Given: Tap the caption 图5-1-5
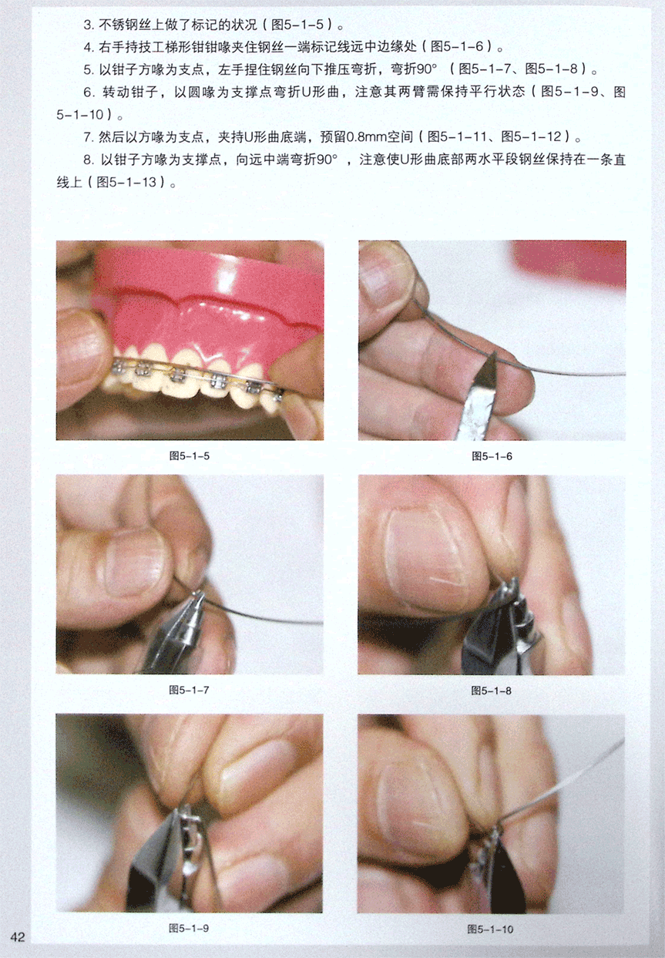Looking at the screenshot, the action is click(x=190, y=456).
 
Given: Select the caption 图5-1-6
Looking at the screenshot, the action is click(x=492, y=456).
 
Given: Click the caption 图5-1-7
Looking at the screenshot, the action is click(x=189, y=690).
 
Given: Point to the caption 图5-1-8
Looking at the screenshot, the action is click(x=492, y=691).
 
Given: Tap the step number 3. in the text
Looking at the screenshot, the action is click(x=89, y=25).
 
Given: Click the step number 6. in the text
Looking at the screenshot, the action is click(x=89, y=92).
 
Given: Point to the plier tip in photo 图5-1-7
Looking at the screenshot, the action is click(x=197, y=593).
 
